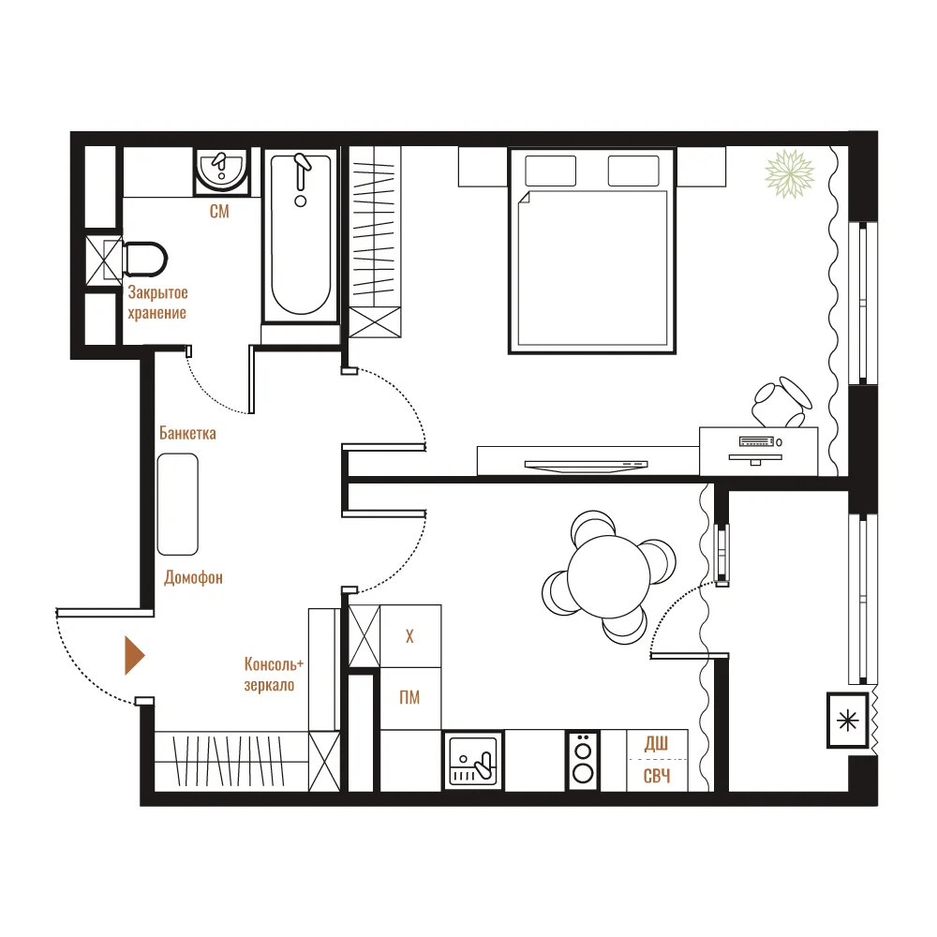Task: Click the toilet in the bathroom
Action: (143, 260)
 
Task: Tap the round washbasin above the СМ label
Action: (222, 171)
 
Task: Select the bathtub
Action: (301, 235)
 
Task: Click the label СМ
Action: (219, 211)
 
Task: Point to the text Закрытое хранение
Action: (157, 303)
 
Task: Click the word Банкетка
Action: (187, 433)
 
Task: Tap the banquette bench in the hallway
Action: (177, 504)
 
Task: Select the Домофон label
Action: (194, 577)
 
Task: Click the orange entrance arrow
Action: (134, 656)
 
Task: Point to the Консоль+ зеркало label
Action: (274, 674)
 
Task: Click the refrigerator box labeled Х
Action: (410, 636)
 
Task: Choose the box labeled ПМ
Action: (410, 698)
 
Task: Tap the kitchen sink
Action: (473, 761)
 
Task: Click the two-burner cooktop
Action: (583, 761)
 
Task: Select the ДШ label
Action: (656, 743)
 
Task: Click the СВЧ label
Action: (657, 776)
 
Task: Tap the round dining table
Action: (608, 576)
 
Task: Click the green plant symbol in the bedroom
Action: (789, 174)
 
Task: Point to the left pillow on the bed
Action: (550, 171)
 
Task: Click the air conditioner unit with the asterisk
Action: (847, 721)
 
